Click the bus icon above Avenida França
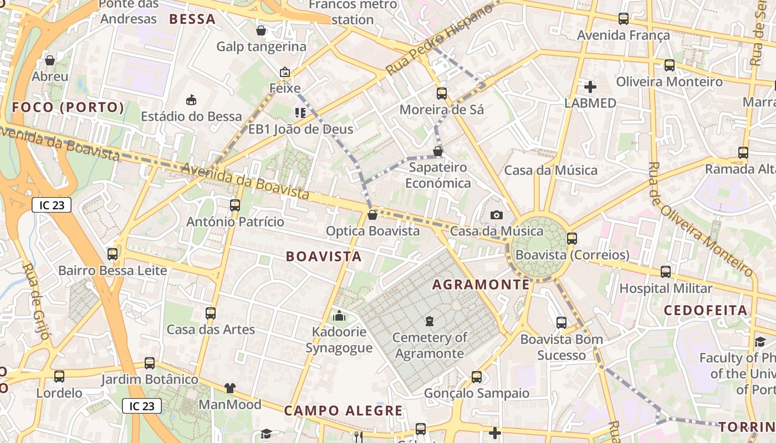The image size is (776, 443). click(624, 19)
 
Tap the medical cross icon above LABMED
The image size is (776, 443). click(590, 86)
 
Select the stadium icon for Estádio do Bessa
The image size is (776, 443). click(191, 100)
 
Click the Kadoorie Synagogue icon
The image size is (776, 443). click(339, 316)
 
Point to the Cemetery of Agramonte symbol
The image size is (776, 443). click(429, 321)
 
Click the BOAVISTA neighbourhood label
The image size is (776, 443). click(324, 256)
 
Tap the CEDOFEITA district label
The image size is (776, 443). click(706, 310)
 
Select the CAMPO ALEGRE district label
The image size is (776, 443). click(343, 410)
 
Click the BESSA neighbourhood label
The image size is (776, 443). click(192, 19)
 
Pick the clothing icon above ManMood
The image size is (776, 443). click(230, 388)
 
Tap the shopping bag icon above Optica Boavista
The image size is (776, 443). click(372, 214)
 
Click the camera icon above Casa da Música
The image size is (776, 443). click(497, 215)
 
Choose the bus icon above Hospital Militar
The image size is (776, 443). click(666, 272)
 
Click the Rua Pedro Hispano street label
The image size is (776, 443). click(439, 40)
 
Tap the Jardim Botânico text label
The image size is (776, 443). click(150, 380)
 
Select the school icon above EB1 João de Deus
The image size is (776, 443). click(300, 113)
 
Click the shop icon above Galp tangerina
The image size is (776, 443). click(261, 30)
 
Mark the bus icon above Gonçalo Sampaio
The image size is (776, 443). click(477, 377)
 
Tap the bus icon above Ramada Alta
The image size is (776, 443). click(743, 153)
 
